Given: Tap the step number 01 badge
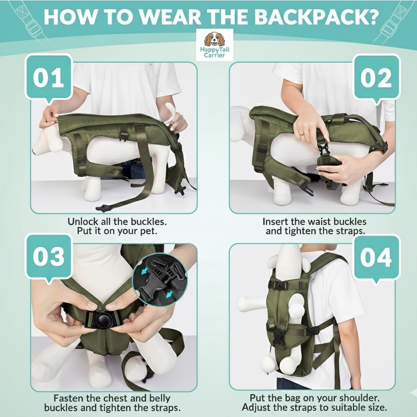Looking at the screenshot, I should (48, 78).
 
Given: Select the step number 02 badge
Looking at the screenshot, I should (376, 78).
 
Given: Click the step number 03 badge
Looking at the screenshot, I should (48, 257).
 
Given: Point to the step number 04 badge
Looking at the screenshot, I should (376, 258).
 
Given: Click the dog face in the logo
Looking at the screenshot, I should (214, 40).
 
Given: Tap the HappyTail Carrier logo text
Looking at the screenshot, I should (214, 52).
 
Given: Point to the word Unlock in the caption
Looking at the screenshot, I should (83, 222).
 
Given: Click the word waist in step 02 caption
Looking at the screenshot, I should (320, 222).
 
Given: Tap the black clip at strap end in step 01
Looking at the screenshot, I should (105, 208).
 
